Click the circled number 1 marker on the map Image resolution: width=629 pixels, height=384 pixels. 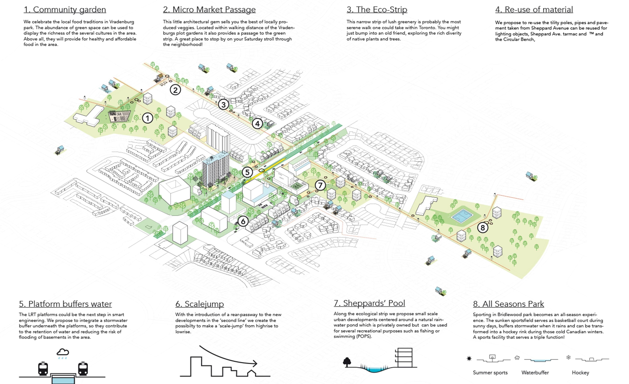(147, 118)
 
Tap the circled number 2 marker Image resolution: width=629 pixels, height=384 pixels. (175, 90)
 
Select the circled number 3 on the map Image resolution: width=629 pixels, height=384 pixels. (223, 105)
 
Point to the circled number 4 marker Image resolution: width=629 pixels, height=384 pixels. (257, 124)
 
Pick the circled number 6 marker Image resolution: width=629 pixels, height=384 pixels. (243, 221)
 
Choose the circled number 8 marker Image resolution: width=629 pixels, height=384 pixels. (482, 227)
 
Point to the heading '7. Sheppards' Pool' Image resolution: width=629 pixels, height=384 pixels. (369, 303)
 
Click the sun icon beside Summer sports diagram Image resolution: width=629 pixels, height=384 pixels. (469, 359)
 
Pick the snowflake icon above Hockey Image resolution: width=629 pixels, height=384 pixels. (568, 357)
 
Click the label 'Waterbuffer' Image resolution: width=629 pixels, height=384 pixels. (535, 372)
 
